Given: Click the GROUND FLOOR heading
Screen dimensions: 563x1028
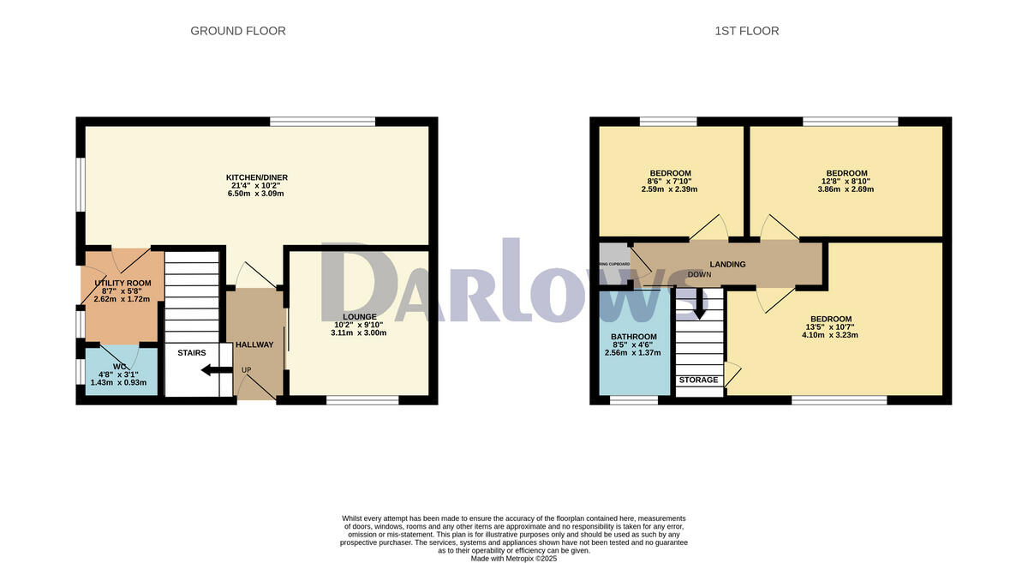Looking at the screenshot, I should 238,31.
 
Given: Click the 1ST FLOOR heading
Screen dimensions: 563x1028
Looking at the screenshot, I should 747,31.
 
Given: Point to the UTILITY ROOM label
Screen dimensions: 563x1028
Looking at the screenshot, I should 123,283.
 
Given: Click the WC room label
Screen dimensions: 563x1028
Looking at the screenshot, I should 119,366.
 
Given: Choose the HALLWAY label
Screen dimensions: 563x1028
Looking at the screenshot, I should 254,345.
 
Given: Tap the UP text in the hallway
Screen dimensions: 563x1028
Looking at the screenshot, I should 247,370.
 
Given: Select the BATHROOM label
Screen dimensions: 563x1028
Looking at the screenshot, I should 634,337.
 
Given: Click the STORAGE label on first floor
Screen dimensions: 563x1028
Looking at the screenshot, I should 699,380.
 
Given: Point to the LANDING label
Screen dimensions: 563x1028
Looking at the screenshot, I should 727,265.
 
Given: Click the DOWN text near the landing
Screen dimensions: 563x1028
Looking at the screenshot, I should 699,275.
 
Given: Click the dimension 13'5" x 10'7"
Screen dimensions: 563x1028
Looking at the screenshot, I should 830,326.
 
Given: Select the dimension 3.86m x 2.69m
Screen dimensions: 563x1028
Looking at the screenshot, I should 846,189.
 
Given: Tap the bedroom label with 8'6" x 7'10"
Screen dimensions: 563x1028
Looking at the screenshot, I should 671,173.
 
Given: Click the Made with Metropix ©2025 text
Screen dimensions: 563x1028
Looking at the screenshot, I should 514,558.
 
